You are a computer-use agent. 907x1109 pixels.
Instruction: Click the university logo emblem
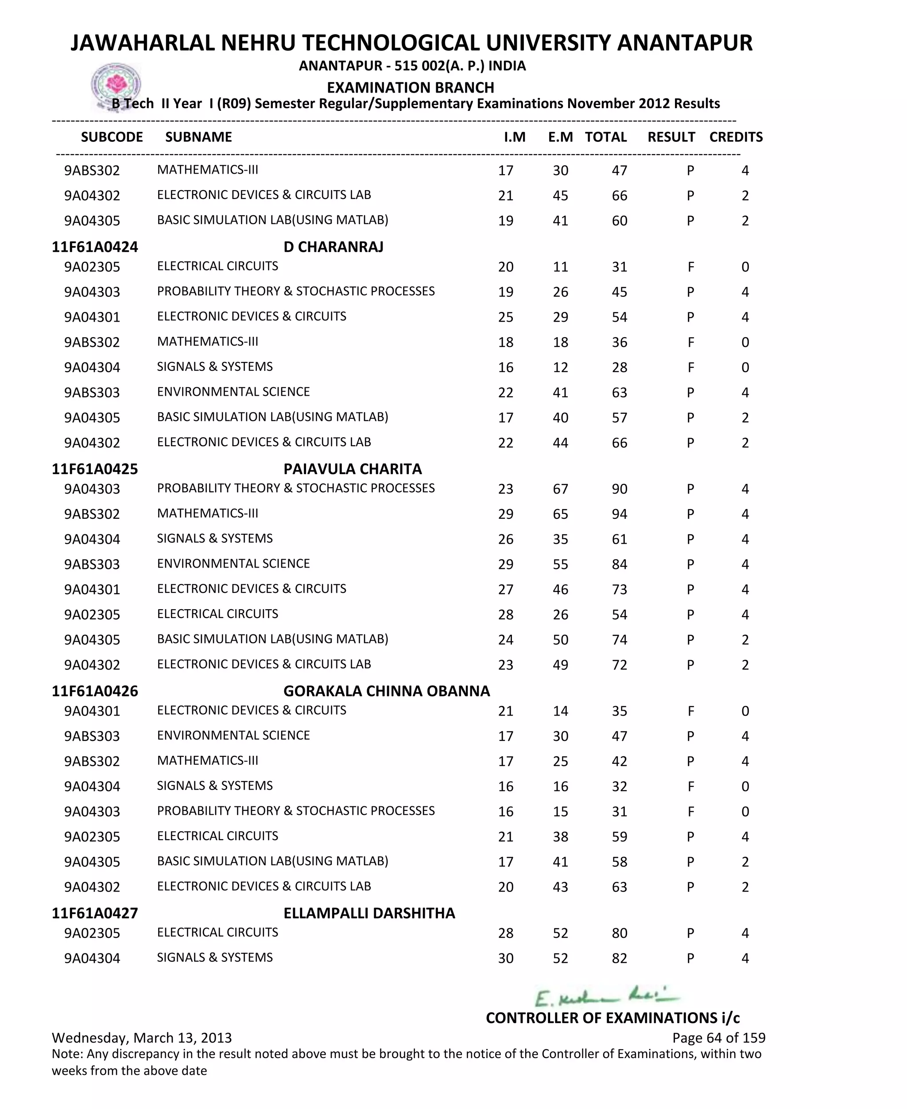[116, 86]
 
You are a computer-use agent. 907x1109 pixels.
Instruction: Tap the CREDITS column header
[736, 137]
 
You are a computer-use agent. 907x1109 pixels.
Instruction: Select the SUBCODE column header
[112, 137]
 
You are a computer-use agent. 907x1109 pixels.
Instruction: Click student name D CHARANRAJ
[333, 247]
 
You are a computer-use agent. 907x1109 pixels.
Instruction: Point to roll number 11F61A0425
[95, 469]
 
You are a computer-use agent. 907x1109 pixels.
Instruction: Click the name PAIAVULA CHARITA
[353, 469]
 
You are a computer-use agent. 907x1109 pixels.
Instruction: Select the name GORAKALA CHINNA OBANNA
[387, 691]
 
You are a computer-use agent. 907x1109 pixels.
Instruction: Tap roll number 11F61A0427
[95, 913]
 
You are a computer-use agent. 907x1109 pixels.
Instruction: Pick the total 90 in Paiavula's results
[619, 489]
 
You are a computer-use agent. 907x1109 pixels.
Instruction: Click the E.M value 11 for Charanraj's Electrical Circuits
[560, 267]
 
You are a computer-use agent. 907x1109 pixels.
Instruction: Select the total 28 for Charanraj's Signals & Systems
[619, 367]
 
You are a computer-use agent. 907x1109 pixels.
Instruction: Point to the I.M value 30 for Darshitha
[505, 958]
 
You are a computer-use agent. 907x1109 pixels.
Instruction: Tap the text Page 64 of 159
[718, 1038]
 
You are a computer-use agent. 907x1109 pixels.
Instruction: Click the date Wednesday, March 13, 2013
[142, 1038]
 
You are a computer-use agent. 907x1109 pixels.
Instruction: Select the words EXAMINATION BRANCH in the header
[410, 87]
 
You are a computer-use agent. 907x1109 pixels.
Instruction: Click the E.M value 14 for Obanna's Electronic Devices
[560, 711]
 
